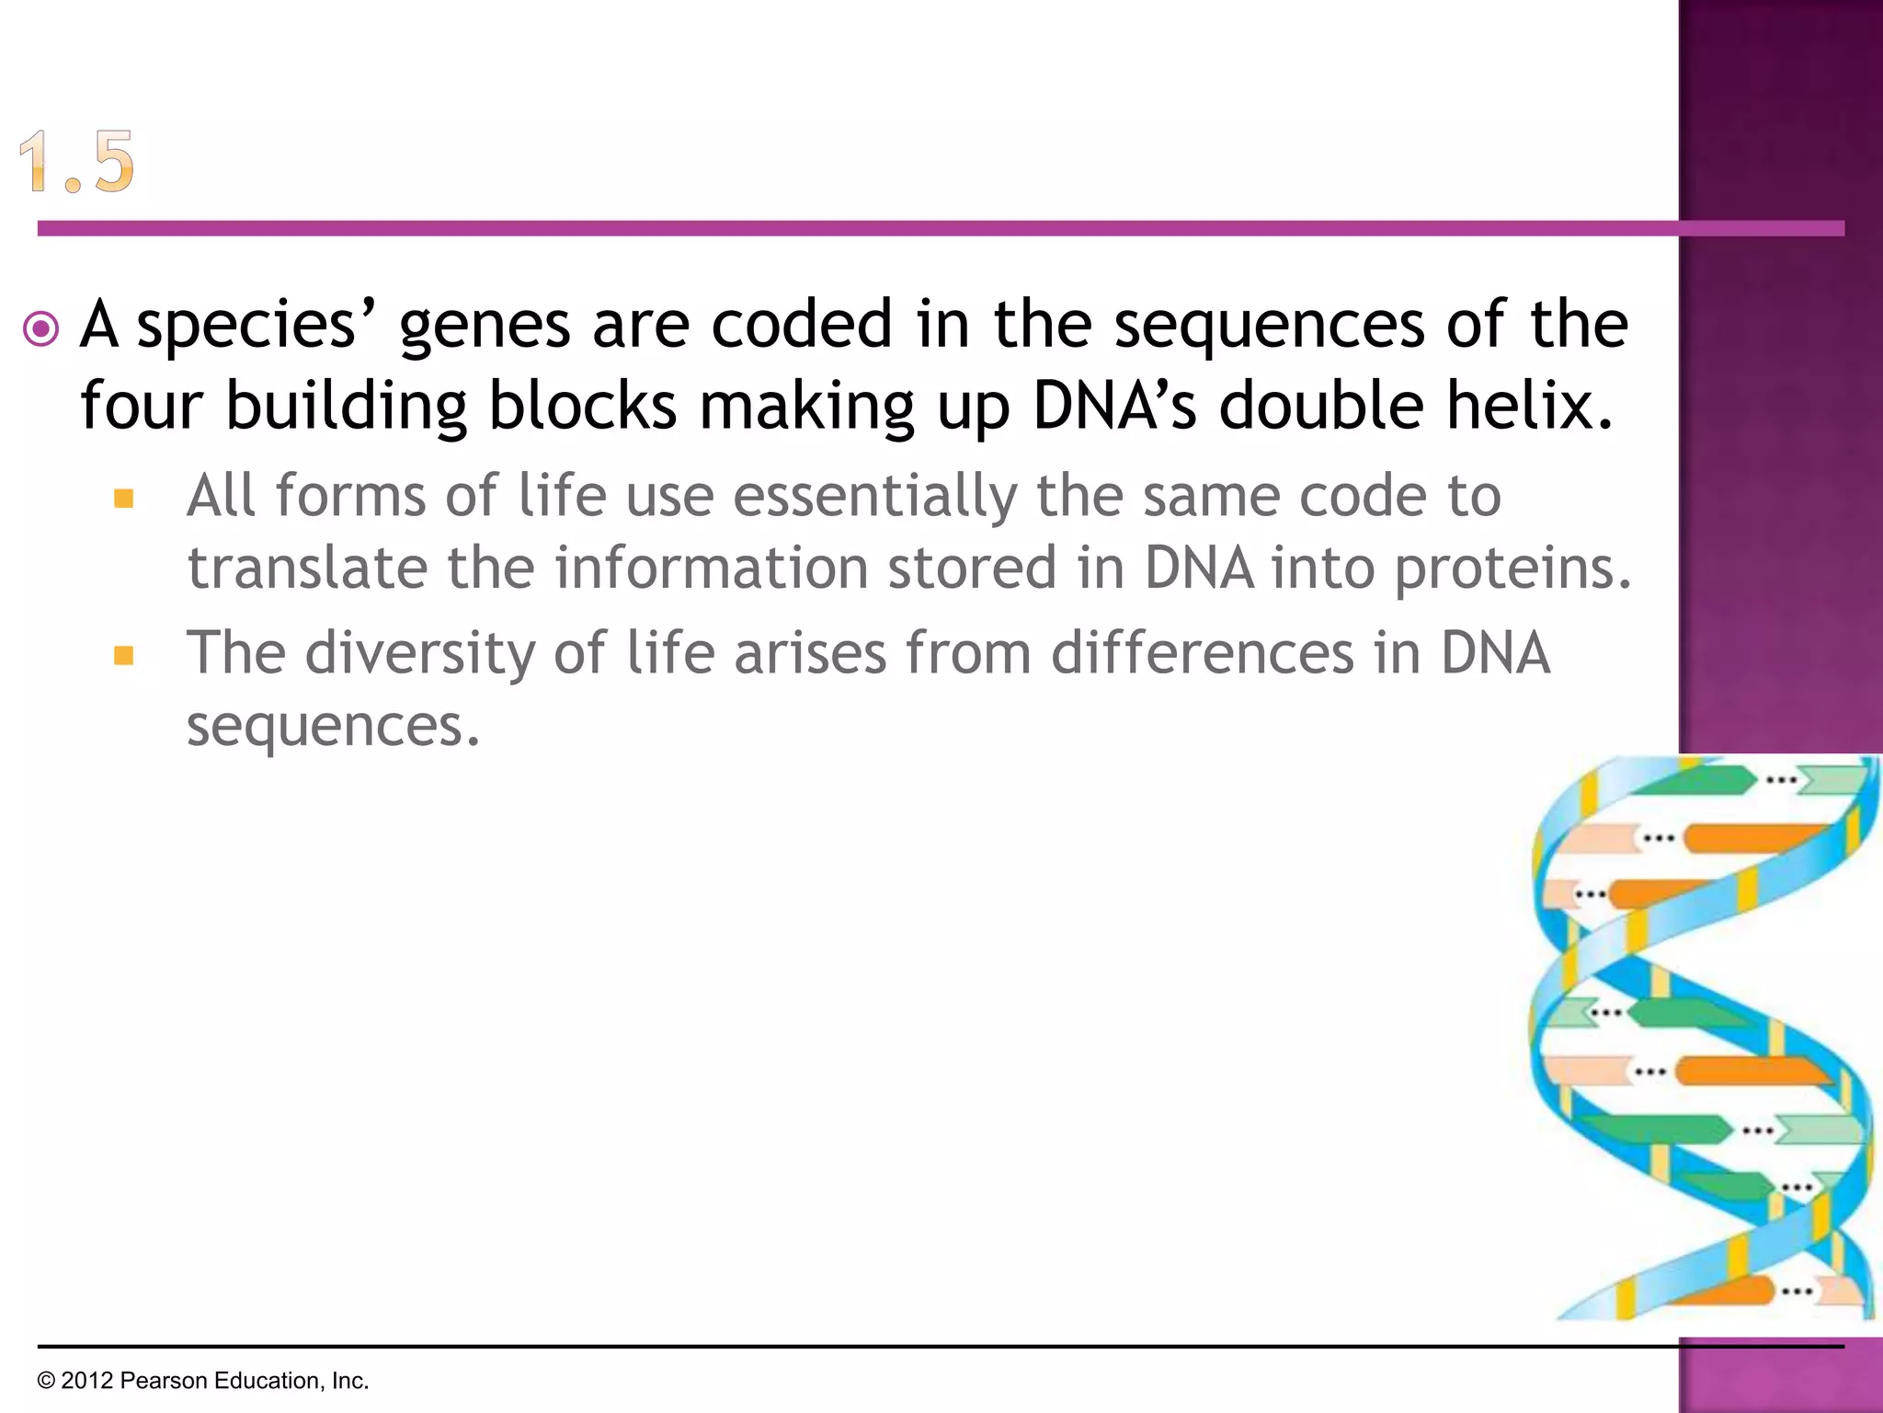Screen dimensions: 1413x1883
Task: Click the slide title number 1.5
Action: point(77,162)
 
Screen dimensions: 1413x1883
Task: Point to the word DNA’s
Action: point(1113,405)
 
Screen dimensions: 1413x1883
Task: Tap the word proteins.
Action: point(1512,569)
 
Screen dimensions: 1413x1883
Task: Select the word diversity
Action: point(419,654)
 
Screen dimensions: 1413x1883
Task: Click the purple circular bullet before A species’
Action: point(41,328)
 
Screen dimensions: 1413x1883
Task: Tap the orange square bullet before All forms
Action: point(124,500)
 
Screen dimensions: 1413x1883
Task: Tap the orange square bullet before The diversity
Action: point(124,656)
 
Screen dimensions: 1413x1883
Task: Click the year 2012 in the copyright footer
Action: point(86,1381)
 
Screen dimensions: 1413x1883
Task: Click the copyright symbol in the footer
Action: point(46,1381)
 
